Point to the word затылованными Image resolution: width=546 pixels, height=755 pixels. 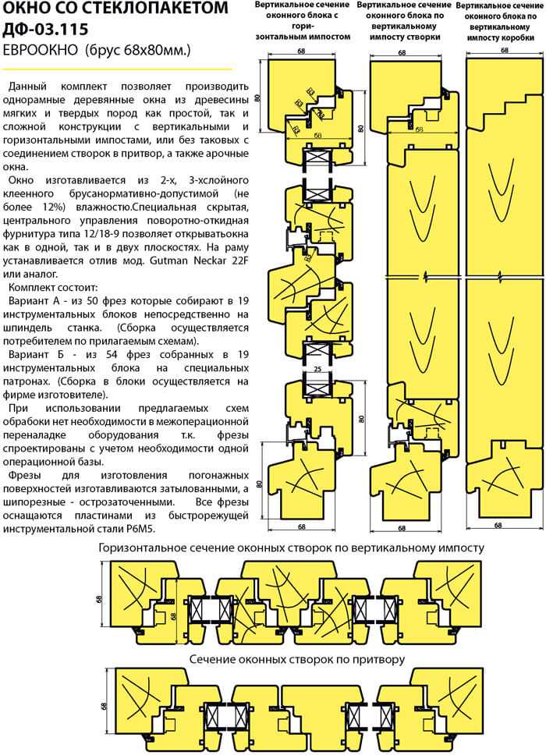[197, 488]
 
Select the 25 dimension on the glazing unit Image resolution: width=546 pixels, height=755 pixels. [317, 369]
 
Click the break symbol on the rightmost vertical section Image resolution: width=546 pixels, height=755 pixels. [502, 278]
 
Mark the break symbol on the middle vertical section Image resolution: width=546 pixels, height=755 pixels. [424, 277]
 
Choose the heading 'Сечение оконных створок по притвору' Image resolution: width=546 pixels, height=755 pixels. [297, 659]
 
